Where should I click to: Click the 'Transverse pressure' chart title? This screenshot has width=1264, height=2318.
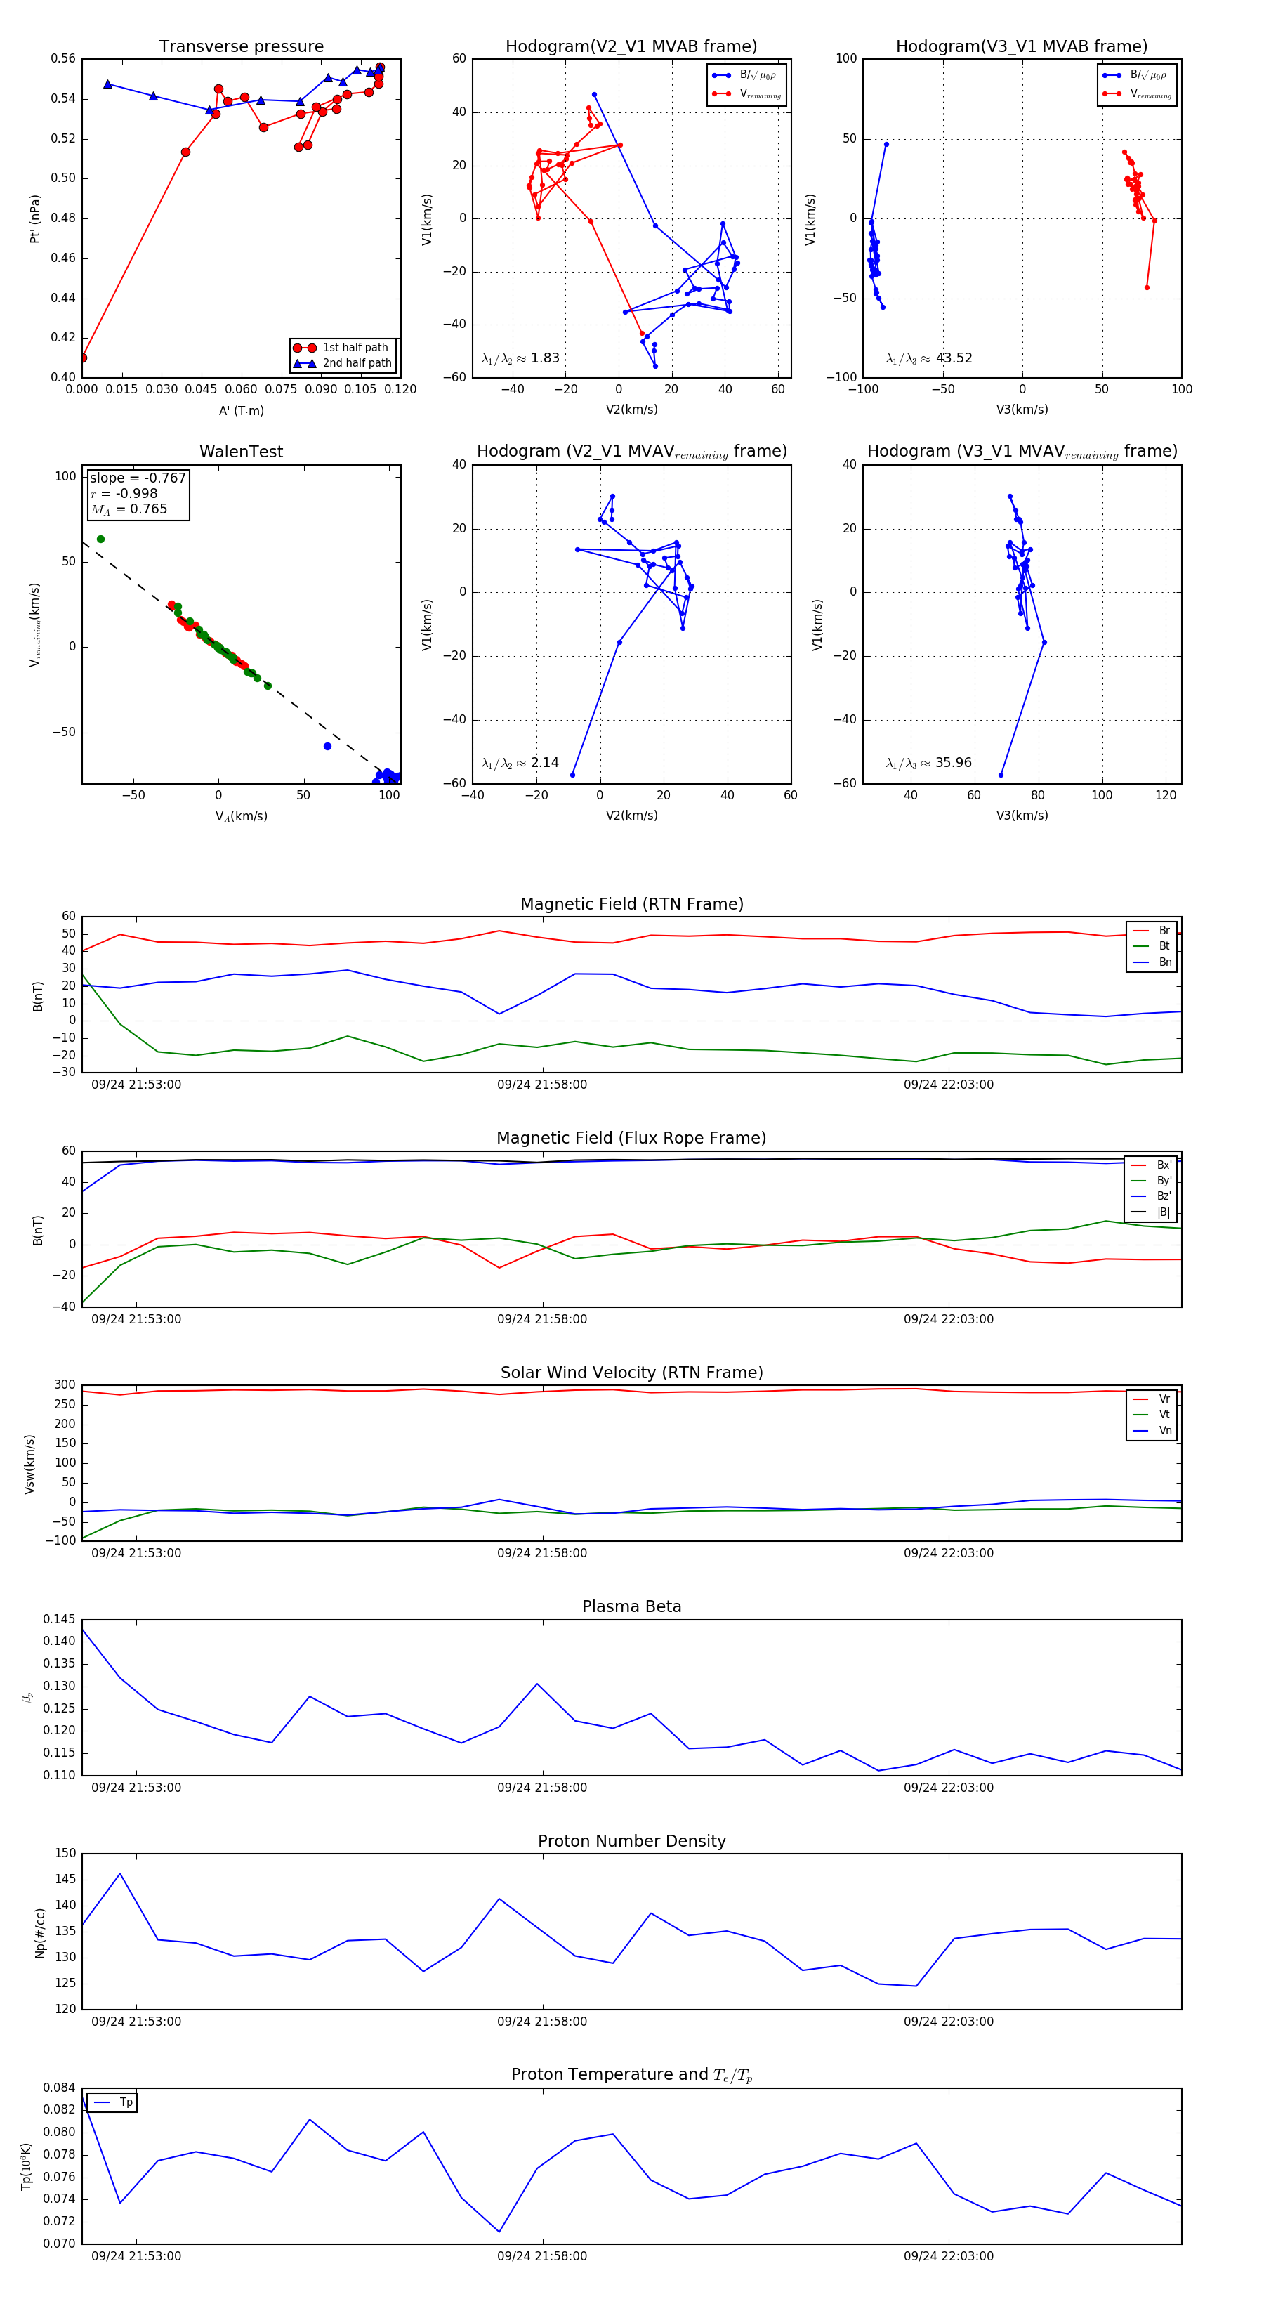[x=241, y=47]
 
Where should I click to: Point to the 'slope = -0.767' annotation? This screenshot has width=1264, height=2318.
[x=138, y=478]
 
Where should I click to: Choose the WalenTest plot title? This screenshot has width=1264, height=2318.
[x=241, y=452]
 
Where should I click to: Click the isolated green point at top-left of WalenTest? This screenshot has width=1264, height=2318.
[x=100, y=539]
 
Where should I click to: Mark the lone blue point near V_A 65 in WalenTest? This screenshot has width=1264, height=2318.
[x=327, y=746]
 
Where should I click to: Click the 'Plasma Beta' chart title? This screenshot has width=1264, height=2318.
[x=631, y=1606]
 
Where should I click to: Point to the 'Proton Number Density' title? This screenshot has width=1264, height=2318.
[x=631, y=1841]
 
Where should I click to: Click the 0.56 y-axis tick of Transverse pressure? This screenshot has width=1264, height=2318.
[x=63, y=58]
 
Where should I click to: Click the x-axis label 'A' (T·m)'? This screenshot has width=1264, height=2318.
[x=241, y=410]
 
